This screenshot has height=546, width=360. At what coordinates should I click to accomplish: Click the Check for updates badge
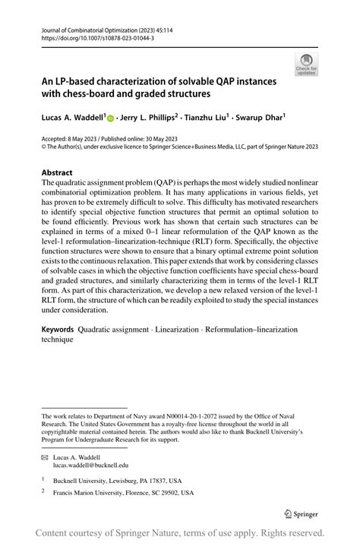[x=307, y=64]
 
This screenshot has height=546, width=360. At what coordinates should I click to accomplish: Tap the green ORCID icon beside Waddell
[x=110, y=118]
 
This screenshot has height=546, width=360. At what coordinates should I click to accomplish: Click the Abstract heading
[x=58, y=172]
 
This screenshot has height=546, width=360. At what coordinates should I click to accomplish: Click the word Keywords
[x=58, y=330]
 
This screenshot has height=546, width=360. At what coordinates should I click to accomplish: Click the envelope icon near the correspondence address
[x=45, y=457]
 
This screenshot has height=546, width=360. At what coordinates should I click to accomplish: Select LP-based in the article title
[x=75, y=80]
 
